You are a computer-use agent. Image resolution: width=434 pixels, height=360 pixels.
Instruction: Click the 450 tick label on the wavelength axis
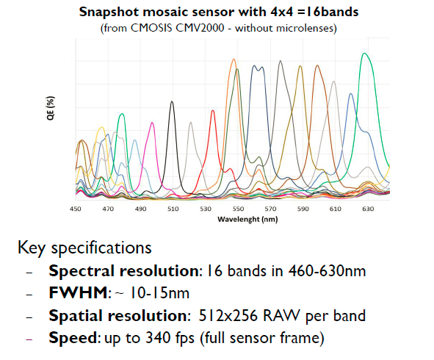point(76,209)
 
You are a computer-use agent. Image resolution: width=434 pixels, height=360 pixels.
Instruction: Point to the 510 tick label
point(173,209)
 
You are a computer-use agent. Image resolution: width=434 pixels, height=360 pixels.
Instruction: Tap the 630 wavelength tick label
point(368,209)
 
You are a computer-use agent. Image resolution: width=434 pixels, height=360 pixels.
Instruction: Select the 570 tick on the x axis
point(270,209)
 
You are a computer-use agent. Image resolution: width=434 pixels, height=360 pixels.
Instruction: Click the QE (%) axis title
point(51,108)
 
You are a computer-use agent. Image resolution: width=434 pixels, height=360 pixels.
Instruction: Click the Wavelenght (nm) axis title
point(247,220)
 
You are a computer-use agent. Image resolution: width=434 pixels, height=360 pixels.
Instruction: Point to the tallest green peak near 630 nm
point(364,53)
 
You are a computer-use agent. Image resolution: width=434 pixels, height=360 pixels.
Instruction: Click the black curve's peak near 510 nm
point(172,101)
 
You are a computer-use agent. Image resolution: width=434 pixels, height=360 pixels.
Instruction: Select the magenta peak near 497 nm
point(152,123)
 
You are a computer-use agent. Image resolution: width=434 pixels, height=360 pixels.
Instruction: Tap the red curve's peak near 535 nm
point(212,111)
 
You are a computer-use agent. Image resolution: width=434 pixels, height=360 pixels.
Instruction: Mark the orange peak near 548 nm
point(234,60)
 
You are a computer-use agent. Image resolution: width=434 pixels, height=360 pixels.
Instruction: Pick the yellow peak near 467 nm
point(102,128)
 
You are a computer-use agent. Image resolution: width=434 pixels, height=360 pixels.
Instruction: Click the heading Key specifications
point(84,248)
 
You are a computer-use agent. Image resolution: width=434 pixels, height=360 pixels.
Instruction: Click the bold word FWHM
point(78,292)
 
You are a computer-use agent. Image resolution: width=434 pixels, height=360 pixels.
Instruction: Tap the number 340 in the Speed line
point(159,337)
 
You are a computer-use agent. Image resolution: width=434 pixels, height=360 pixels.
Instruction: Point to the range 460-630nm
point(327,271)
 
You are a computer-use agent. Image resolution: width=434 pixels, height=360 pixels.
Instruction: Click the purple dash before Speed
point(29,339)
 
